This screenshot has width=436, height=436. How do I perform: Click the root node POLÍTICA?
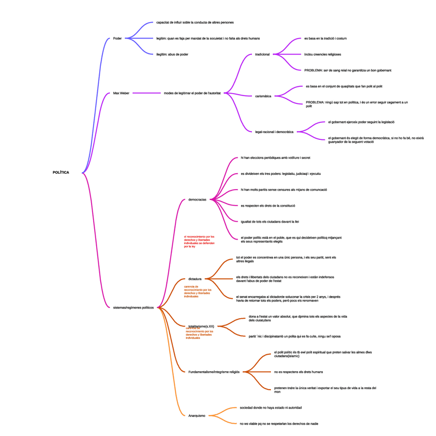tap(61, 172)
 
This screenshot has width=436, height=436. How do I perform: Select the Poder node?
tap(117, 38)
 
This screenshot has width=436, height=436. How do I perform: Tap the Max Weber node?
tap(121, 93)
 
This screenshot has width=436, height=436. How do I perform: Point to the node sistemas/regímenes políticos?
tap(133, 307)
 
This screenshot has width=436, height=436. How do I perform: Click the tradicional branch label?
tap(262, 54)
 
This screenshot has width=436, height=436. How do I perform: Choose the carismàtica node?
tap(263, 96)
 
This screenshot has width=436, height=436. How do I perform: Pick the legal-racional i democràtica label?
tap(274, 132)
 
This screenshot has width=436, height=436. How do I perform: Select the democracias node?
tap(197, 199)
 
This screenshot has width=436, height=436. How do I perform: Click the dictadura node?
tap(195, 279)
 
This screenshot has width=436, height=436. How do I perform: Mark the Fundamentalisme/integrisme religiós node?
tap(214, 371)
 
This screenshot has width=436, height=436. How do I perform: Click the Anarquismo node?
tap(197, 415)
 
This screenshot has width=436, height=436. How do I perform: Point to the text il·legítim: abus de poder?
tap(172, 54)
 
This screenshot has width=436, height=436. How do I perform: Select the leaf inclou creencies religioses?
tap(322, 54)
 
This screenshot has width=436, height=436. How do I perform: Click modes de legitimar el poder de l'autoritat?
tap(192, 93)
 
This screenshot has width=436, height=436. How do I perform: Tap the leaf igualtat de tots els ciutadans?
tap(270, 222)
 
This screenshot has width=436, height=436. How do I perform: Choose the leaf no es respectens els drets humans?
tap(299, 371)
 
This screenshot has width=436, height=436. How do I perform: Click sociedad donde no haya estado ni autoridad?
tap(271, 408)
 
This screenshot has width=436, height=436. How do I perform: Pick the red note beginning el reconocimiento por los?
tap(199, 242)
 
